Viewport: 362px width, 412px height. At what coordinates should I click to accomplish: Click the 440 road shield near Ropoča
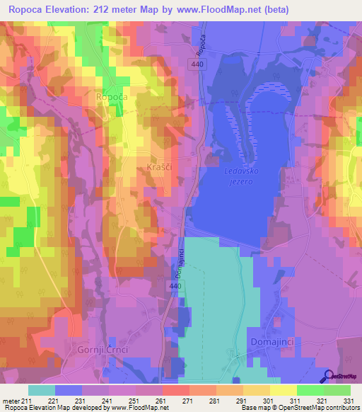tap(198, 64)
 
